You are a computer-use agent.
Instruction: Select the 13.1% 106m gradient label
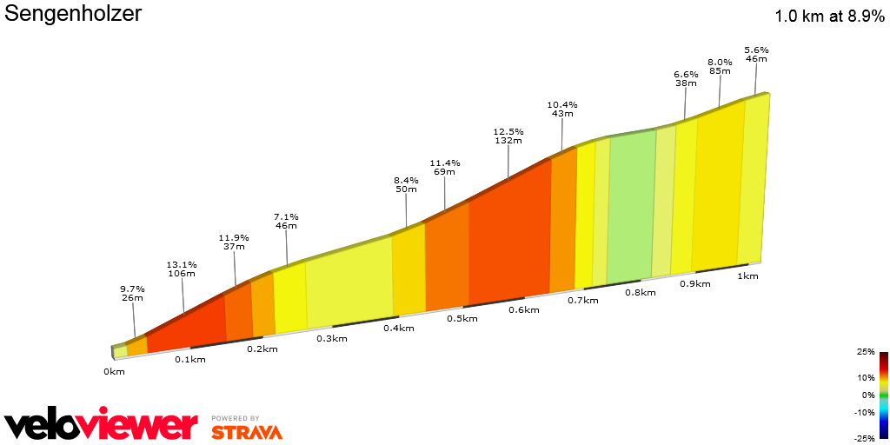tap(182, 269)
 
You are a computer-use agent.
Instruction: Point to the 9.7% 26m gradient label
tap(132, 293)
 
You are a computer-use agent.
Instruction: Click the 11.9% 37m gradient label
tap(234, 242)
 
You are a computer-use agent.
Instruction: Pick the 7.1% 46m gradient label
tap(286, 222)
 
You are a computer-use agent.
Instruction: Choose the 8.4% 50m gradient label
tap(406, 184)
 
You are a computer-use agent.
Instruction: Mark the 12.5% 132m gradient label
tap(508, 136)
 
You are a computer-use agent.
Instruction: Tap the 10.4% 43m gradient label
tap(561, 109)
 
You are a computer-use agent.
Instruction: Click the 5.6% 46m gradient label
tap(756, 54)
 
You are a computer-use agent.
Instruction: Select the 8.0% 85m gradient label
tap(720, 66)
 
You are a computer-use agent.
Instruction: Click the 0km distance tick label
tap(114, 371)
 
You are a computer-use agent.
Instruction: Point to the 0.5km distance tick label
tap(462, 318)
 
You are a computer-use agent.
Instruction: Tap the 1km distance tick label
tap(747, 276)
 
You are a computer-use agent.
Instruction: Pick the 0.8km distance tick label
tap(639, 293)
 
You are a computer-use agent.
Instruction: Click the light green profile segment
tap(631, 209)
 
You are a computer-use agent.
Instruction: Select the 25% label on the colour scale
tap(865, 352)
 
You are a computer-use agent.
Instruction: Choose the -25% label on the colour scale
tap(863, 437)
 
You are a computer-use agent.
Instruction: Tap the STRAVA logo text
tap(246, 431)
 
